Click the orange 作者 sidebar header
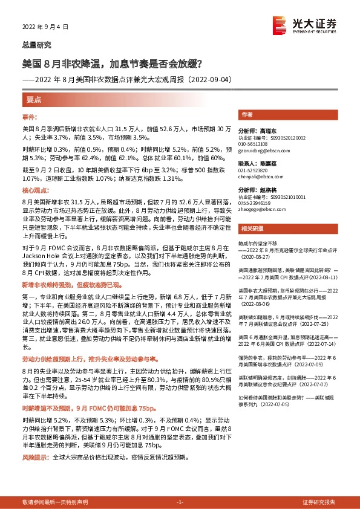coord(246,114)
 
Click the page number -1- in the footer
coord(179,502)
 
